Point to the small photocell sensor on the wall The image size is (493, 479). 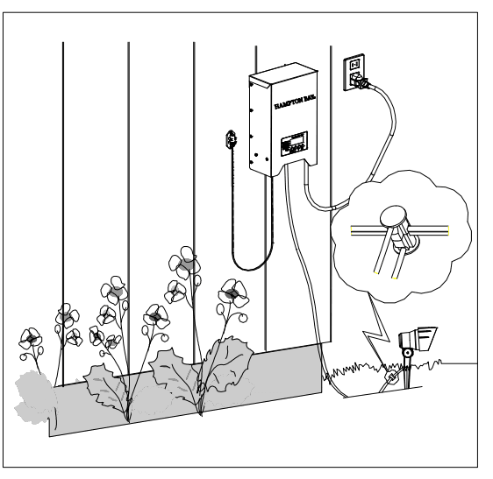(232, 137)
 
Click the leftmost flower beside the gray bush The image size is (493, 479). (30, 338)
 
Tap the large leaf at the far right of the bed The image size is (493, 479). (230, 359)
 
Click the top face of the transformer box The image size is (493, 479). (281, 77)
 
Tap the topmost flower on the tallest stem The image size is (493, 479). (185, 259)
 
